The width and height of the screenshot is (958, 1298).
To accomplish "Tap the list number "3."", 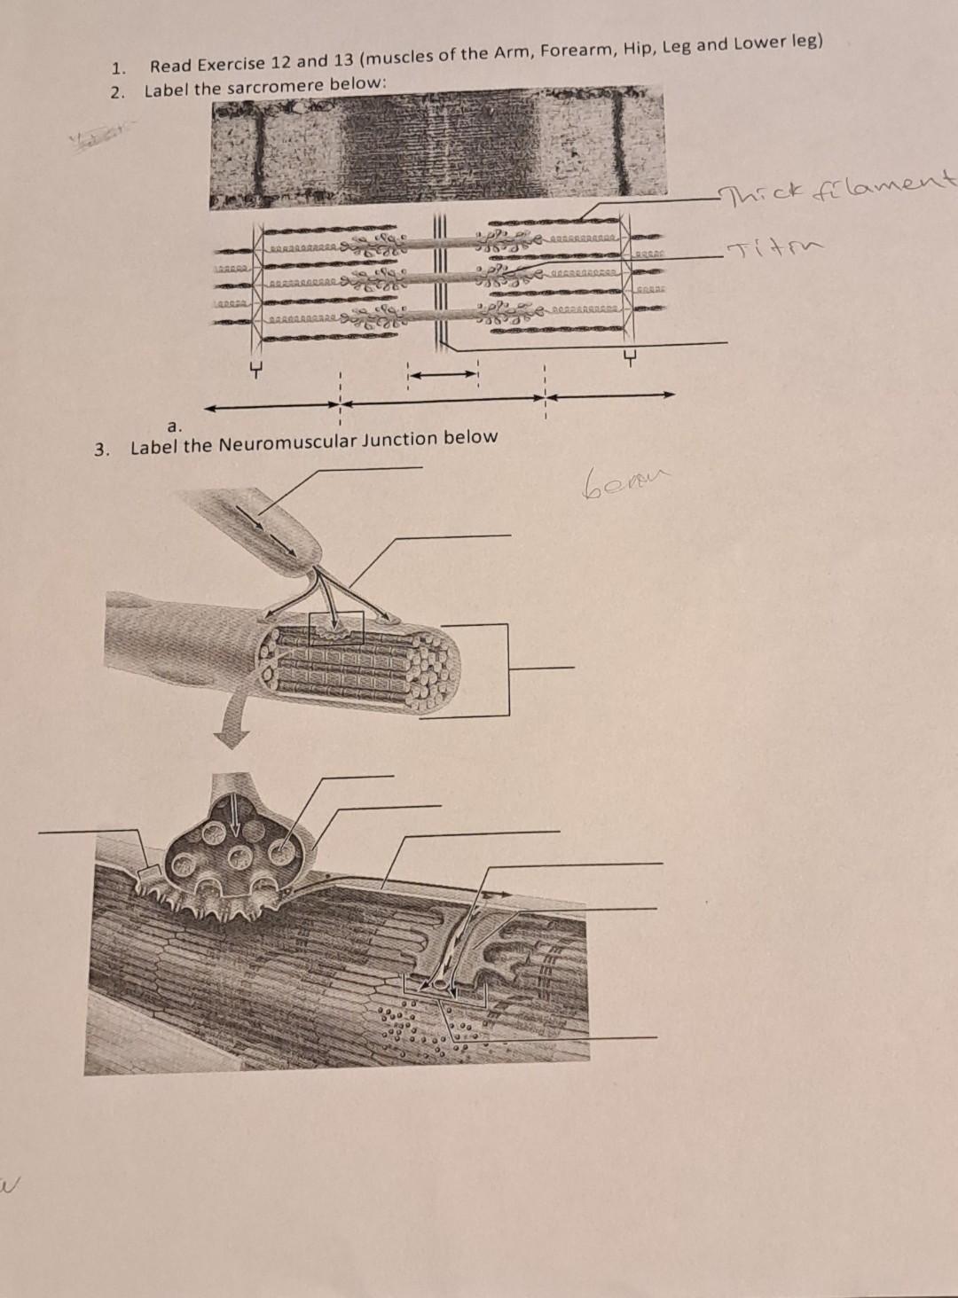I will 103,449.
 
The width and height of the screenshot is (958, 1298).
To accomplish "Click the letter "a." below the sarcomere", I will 174,426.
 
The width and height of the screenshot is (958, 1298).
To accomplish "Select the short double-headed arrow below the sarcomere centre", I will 443,375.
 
